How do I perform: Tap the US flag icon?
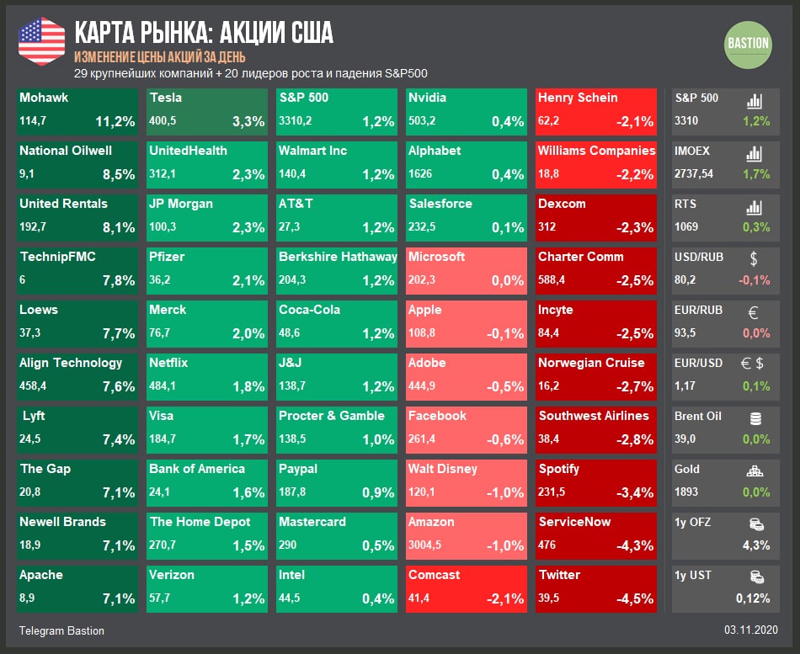pyautogui.click(x=41, y=41)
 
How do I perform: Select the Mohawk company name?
pyautogui.click(x=44, y=98)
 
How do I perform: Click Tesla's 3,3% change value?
pyautogui.click(x=248, y=122)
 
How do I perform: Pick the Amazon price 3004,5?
pyautogui.click(x=425, y=545)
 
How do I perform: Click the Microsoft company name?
pyautogui.click(x=436, y=257)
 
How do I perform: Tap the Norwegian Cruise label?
pyautogui.click(x=591, y=363)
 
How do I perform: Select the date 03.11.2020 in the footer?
pyautogui.click(x=750, y=630)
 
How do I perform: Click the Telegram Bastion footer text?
pyautogui.click(x=61, y=630)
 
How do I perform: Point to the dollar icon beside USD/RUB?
pyautogui.click(x=754, y=258)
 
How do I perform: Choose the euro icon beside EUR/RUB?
pyautogui.click(x=754, y=312)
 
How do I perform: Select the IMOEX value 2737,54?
pyautogui.click(x=694, y=174)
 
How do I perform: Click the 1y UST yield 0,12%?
pyautogui.click(x=752, y=598)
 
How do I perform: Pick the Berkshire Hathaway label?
pyautogui.click(x=338, y=257)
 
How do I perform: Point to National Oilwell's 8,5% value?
pyautogui.click(x=119, y=175)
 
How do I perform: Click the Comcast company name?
pyautogui.click(x=435, y=575)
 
